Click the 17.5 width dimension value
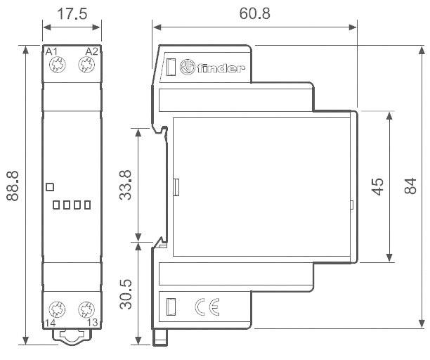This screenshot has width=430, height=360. (x=70, y=14)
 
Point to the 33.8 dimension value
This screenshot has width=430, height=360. (x=126, y=184)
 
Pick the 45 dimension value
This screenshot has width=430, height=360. (x=377, y=186)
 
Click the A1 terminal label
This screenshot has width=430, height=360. (x=51, y=52)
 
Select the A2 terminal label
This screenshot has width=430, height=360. (x=91, y=52)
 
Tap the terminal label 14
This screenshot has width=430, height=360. (x=51, y=322)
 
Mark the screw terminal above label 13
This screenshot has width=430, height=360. (x=86, y=307)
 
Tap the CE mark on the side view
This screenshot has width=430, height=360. (x=207, y=307)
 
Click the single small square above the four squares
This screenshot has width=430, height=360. (x=49, y=186)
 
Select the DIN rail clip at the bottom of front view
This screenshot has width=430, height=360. (x=70, y=337)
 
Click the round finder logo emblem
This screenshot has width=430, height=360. (x=188, y=67)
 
